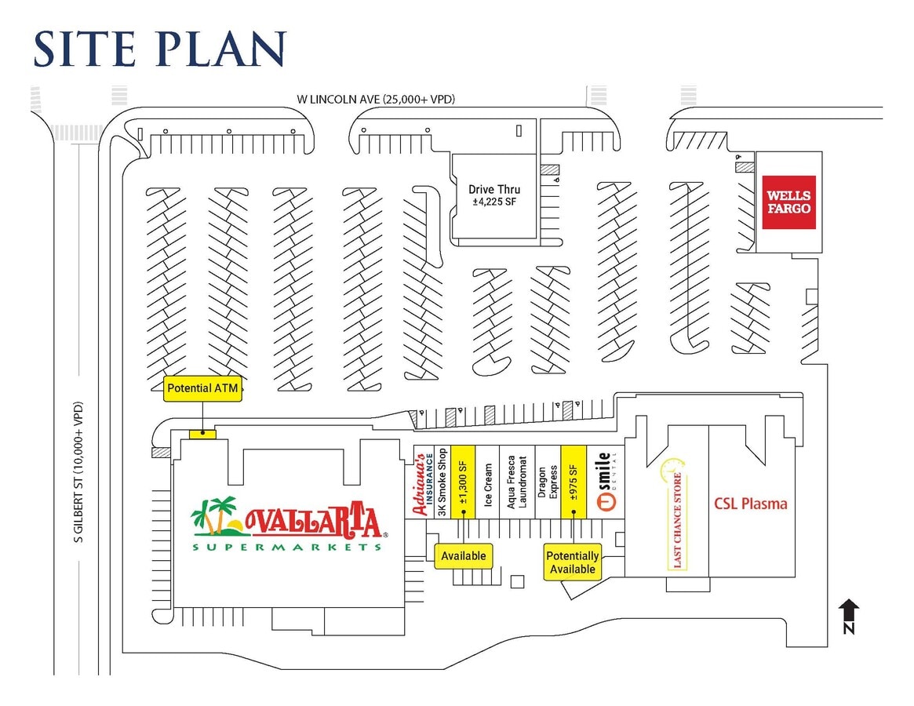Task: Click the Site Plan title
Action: coord(160,49)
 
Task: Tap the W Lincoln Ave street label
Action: coord(375,99)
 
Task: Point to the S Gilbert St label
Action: coord(78,471)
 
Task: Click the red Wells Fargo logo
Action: coord(788,202)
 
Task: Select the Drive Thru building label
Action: coord(494,195)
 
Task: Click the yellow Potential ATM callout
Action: coord(202,388)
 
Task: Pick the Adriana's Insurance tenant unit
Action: coord(424,482)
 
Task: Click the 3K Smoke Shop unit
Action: coord(442,482)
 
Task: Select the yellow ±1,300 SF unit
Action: coord(464,482)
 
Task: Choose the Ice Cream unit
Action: coord(488,482)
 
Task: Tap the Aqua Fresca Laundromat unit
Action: coord(517,482)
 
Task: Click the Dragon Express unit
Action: coord(548,482)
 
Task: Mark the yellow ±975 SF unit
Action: coord(574,482)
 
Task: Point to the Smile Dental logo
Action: coord(606,482)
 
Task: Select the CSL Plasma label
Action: coord(751,504)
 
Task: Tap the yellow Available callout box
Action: coord(464,556)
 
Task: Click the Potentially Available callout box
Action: coord(573,562)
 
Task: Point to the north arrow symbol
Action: coord(850,616)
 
